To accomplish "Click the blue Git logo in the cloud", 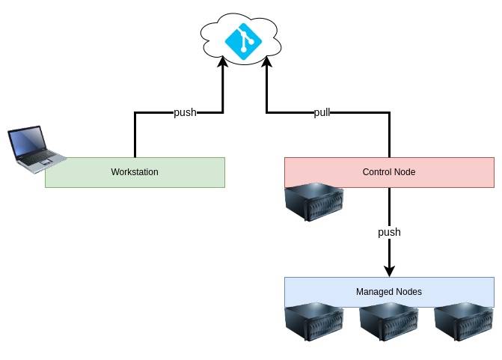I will [x=243, y=42].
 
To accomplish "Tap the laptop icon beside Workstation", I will [x=35, y=149].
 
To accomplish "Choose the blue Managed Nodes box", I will [x=456, y=292].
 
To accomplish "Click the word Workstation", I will [x=135, y=172].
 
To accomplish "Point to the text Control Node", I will [x=389, y=172].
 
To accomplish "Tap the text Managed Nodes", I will [x=389, y=292].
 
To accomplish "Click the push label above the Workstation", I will [x=185, y=112].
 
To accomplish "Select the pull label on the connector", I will [x=322, y=112].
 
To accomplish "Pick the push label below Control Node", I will [x=389, y=232].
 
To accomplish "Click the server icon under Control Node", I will [x=314, y=202].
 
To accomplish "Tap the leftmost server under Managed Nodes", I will [x=314, y=322].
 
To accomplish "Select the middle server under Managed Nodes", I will [x=389, y=322].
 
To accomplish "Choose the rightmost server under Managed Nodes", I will [x=464, y=322].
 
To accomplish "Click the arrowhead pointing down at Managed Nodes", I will [x=389, y=271].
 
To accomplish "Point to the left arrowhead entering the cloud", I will [x=222, y=64].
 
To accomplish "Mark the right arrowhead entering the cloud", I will [x=266, y=64].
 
